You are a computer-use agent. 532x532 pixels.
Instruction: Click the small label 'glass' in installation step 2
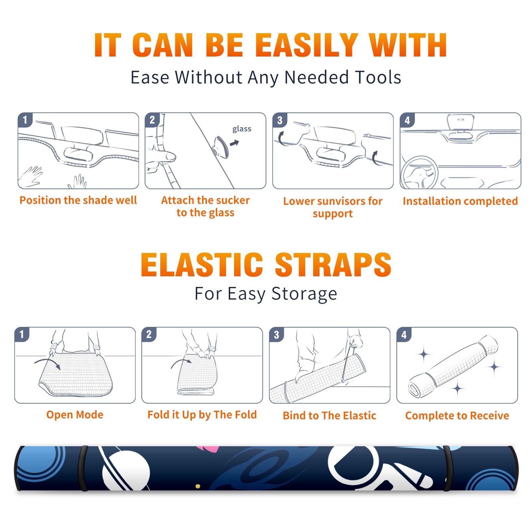click(x=242, y=129)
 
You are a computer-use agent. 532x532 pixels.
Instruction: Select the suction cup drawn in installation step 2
click(x=221, y=147)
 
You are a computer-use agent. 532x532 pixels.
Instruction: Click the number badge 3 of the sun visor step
click(x=280, y=120)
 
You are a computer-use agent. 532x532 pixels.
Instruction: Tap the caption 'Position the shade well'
click(x=78, y=200)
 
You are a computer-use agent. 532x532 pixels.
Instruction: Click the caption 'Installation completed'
click(x=460, y=201)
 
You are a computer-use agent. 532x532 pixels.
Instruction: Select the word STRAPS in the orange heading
click(x=333, y=265)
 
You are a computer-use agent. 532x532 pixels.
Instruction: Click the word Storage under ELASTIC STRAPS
click(x=304, y=294)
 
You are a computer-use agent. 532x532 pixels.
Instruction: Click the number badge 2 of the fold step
click(x=149, y=334)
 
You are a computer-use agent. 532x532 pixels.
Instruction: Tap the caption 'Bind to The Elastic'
click(x=330, y=416)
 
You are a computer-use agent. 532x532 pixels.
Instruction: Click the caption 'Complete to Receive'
click(x=457, y=416)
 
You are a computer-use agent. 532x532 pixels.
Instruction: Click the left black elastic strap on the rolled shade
click(x=83, y=468)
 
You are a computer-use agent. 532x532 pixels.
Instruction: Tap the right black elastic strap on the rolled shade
click(x=448, y=468)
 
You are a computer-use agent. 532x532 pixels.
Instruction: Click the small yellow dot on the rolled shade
click(x=198, y=486)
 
